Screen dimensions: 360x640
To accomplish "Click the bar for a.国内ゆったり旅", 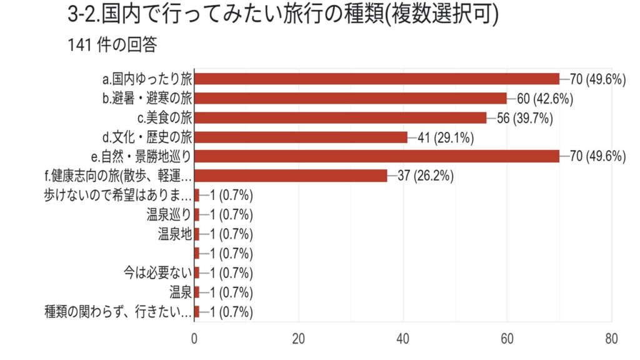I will coord(377,79).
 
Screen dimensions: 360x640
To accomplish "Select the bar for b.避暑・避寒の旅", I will coord(351,98).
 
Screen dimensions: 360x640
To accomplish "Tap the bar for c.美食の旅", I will coord(340,117).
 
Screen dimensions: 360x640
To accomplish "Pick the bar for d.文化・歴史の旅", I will coord(301,137).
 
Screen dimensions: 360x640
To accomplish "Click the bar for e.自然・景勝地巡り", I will coord(377,156).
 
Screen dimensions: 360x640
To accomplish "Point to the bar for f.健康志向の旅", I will coord(291,176).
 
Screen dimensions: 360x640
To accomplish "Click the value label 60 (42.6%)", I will coord(545,98).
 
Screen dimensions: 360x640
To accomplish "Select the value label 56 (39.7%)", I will coord(524,117).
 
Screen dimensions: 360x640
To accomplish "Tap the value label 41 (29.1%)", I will coord(446,137).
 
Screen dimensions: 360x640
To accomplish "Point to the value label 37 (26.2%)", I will coord(426,176).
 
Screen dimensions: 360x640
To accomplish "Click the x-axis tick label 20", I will coord(299,339).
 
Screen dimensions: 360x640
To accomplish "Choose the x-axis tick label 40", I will coord(403,339).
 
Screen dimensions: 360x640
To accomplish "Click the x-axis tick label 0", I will coord(194,339).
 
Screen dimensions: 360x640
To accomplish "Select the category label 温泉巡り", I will coord(168,214).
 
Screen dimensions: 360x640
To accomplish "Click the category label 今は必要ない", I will coord(157,272).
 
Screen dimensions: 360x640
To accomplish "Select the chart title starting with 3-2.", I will coord(282,16).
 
